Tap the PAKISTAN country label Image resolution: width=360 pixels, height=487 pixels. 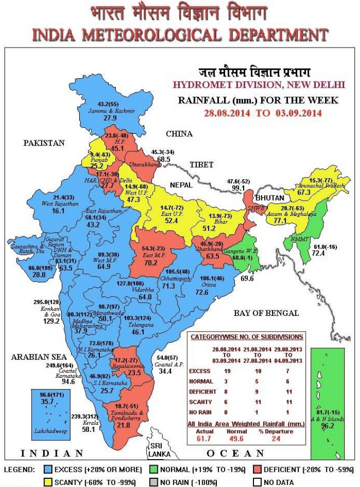point(44,143)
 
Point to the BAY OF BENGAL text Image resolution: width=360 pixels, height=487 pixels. point(266,313)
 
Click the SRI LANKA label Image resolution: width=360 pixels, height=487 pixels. point(157,453)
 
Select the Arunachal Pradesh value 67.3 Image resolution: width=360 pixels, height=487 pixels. point(320,192)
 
